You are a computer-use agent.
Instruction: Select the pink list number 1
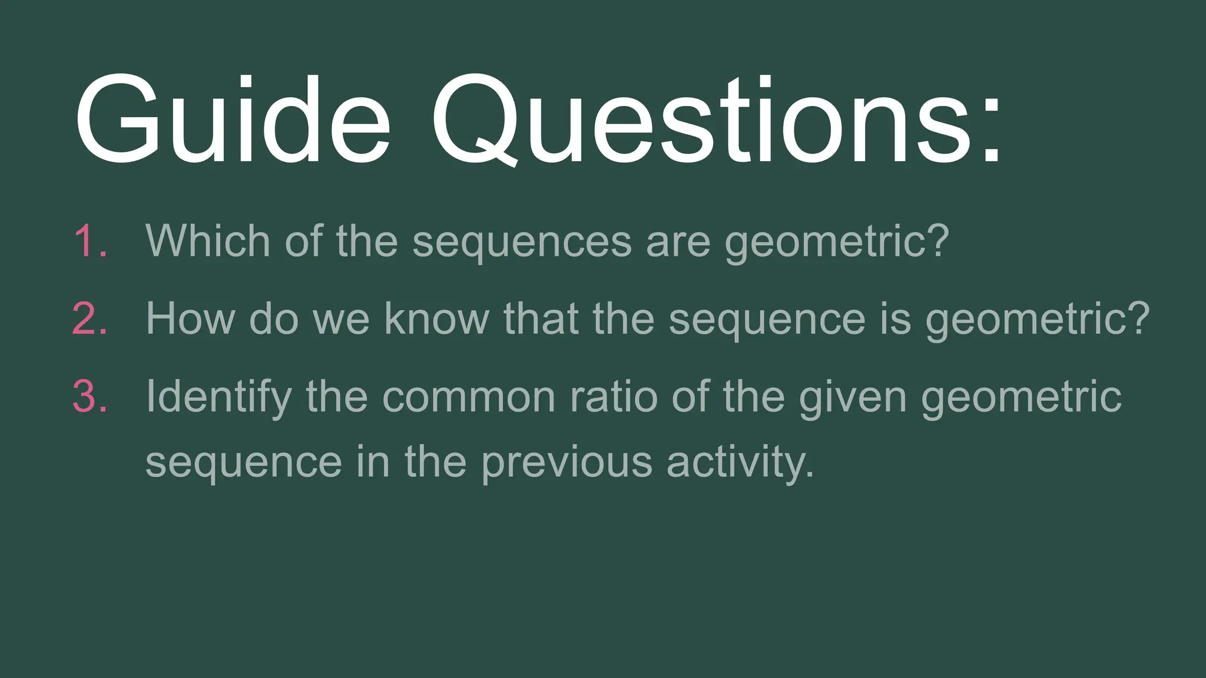(x=90, y=241)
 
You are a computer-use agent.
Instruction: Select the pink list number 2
(x=90, y=319)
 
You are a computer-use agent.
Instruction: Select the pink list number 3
(x=90, y=397)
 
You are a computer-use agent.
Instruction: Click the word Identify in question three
(x=218, y=398)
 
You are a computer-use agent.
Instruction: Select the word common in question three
(x=469, y=398)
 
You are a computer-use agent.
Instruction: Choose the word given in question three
(x=852, y=398)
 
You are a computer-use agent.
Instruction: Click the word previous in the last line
(x=566, y=463)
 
